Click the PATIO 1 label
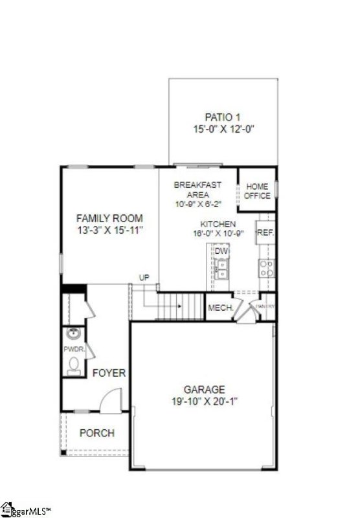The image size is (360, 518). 223,117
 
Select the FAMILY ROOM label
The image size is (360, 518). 109,219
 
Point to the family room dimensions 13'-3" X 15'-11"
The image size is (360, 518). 109,230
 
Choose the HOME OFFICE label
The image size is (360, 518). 257,192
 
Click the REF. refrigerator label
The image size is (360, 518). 265,232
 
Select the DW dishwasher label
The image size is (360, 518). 221,251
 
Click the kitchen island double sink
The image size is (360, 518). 221,268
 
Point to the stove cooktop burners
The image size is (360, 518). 266,268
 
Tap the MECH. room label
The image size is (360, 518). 220,308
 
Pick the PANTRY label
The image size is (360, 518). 265,306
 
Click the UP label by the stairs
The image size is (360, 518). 144,278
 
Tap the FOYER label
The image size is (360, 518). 109,374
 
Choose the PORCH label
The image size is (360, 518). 97,433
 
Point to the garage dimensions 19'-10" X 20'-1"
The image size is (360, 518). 205,401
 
